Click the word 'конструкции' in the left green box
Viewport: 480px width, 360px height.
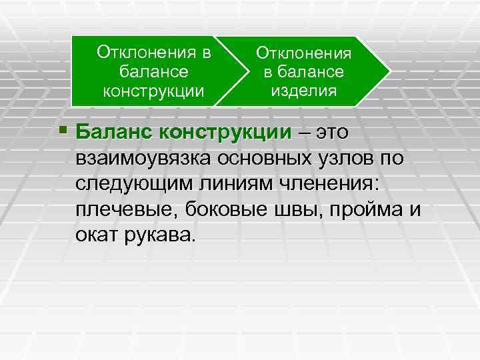point(153,89)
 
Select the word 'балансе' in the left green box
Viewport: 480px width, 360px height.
point(153,70)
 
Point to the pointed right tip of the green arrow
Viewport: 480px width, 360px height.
point(387,70)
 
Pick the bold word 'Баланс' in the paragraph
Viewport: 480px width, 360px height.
point(114,132)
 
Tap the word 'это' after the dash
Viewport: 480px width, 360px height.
point(332,132)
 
